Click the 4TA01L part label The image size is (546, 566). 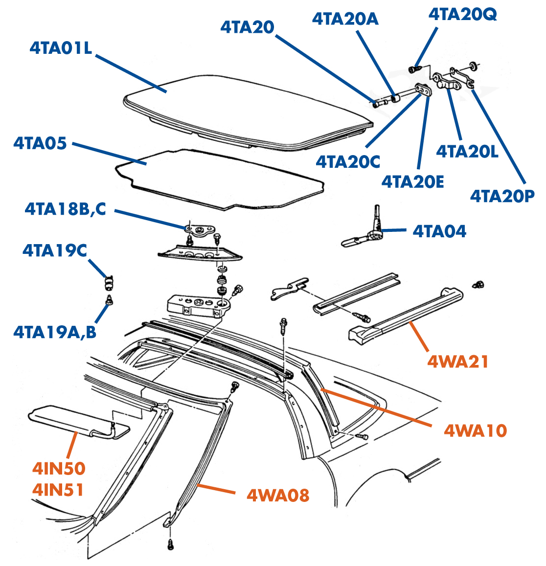pyautogui.click(x=61, y=48)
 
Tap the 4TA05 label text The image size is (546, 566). pyautogui.click(x=40, y=143)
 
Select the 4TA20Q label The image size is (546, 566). pyautogui.click(x=462, y=14)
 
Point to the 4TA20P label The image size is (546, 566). pyautogui.click(x=502, y=196)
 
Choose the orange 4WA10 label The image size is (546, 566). pyautogui.click(x=475, y=430)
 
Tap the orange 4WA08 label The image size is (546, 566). pyautogui.click(x=278, y=495)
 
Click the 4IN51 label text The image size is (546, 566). pyautogui.click(x=58, y=489)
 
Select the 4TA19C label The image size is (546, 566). pyautogui.click(x=54, y=250)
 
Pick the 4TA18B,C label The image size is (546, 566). pyautogui.click(x=65, y=209)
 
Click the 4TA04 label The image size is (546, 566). pyautogui.click(x=439, y=231)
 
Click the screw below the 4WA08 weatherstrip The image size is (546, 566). pyautogui.click(x=171, y=543)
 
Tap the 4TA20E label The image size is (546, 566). pyautogui.click(x=412, y=182)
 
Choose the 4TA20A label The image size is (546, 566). pyautogui.click(x=345, y=19)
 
